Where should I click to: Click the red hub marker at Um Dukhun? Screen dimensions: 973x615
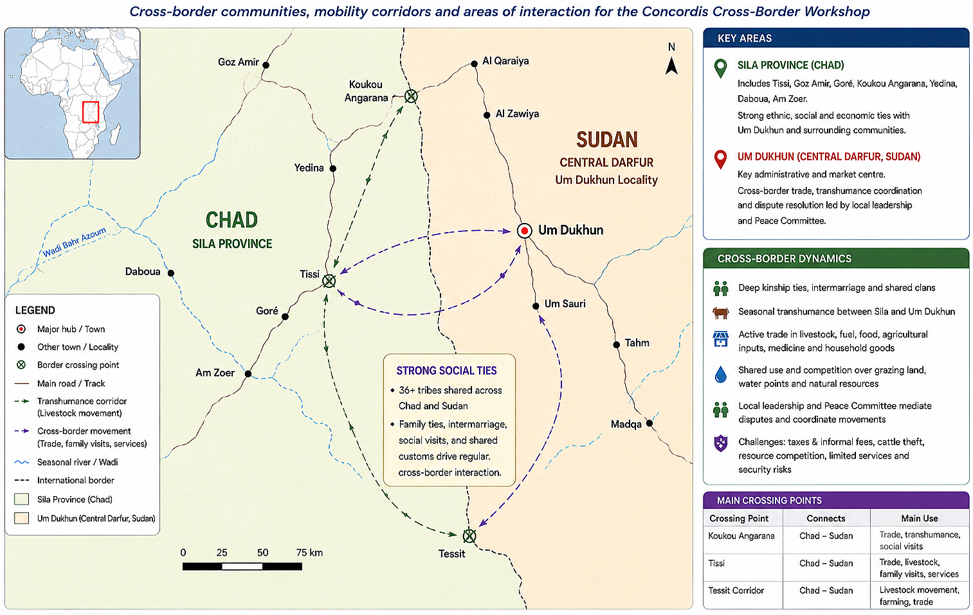(524, 231)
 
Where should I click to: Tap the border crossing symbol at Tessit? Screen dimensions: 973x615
(469, 536)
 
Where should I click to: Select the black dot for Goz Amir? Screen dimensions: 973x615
(266, 65)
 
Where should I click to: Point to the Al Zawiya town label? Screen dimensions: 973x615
(517, 114)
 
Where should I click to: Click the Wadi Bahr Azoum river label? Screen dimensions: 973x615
(75, 242)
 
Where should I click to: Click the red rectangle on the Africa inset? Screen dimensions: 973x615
(91, 112)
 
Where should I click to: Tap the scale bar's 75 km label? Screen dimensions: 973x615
(309, 553)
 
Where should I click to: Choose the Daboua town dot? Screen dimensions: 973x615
(171, 273)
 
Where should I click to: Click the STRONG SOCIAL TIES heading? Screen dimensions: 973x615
(446, 371)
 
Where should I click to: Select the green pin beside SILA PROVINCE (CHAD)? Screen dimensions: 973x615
(720, 69)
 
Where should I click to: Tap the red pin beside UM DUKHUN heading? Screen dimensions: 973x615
(720, 160)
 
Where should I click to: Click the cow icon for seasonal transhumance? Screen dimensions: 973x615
(721, 312)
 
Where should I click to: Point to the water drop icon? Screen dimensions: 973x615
(721, 374)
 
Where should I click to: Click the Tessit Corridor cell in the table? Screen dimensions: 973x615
(736, 591)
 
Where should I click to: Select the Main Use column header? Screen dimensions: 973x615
(919, 518)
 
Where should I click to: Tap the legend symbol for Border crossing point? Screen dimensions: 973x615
(21, 365)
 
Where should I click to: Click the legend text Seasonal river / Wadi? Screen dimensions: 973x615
(77, 462)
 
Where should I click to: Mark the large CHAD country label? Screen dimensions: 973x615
(232, 220)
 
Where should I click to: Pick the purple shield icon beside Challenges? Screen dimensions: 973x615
(721, 443)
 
